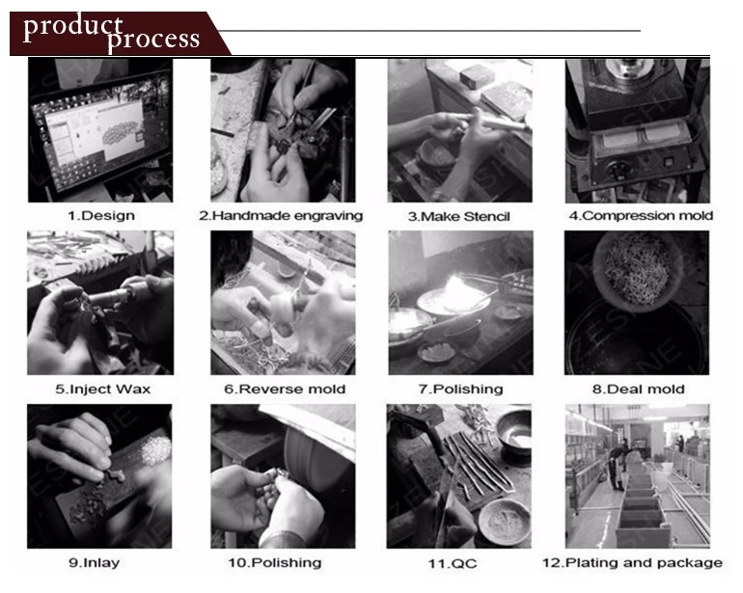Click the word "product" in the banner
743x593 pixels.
click(73, 27)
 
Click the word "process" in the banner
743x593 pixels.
click(153, 40)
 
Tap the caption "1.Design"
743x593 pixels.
click(101, 216)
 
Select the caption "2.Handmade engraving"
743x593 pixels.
click(281, 216)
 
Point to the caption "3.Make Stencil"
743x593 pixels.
click(458, 217)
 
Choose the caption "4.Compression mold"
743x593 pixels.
click(641, 216)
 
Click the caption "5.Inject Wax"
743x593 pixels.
click(103, 390)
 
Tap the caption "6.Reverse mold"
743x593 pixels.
click(285, 390)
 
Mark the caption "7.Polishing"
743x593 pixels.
click(460, 390)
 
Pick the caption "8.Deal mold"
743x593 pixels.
click(638, 390)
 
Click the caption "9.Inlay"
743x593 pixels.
click(95, 563)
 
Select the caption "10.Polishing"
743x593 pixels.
click(275, 563)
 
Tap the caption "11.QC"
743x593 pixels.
click(453, 564)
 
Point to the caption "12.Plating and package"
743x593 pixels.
click(632, 563)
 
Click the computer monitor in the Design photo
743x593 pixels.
click(100, 133)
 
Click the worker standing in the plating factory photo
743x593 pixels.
click(617, 467)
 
